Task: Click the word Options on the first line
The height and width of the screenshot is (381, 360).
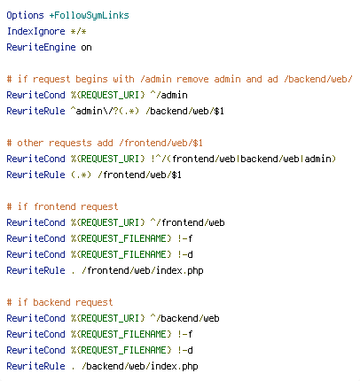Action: (25, 16)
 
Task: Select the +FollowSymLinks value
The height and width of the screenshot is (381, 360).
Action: (89, 16)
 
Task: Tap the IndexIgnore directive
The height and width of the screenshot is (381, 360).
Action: (35, 31)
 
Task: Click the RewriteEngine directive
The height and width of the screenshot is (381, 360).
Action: (41, 47)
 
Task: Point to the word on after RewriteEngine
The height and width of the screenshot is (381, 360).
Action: (86, 48)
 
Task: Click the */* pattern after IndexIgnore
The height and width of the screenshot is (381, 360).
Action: (78, 31)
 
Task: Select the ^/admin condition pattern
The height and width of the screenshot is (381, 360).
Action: (168, 95)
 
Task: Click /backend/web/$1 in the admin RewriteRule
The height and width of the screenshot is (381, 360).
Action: (184, 111)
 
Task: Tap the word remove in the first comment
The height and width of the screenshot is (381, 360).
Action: (192, 79)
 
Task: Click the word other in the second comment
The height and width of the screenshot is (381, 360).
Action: (30, 143)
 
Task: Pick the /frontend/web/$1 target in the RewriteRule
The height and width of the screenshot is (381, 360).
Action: (139, 175)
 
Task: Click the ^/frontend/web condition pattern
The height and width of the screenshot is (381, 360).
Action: (187, 222)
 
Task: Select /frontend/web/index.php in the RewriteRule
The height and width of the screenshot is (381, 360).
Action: (143, 270)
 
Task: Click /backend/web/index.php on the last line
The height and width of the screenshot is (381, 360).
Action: (140, 366)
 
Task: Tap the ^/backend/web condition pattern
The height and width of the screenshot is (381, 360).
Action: (184, 318)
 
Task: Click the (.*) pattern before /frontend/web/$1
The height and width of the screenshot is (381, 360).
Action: (81, 175)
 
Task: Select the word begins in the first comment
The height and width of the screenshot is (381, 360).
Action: (91, 80)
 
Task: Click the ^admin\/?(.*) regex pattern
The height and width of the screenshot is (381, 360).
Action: (105, 111)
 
